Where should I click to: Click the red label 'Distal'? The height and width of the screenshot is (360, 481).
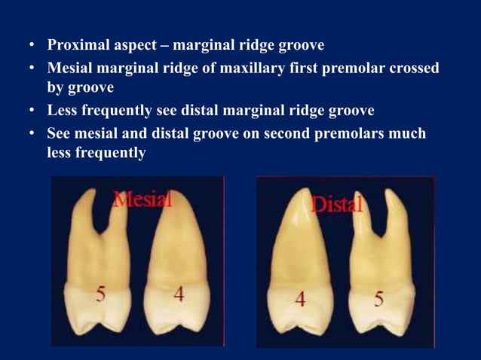coord(336,203)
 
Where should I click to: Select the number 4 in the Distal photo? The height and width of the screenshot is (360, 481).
coord(300,298)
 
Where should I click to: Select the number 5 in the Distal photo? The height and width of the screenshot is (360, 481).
coord(378,298)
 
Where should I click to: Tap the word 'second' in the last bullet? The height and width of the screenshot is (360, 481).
coord(266,133)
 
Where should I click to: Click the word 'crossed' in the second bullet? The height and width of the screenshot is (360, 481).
coord(413,67)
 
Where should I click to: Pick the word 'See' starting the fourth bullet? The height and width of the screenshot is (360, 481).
coord(60,133)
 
